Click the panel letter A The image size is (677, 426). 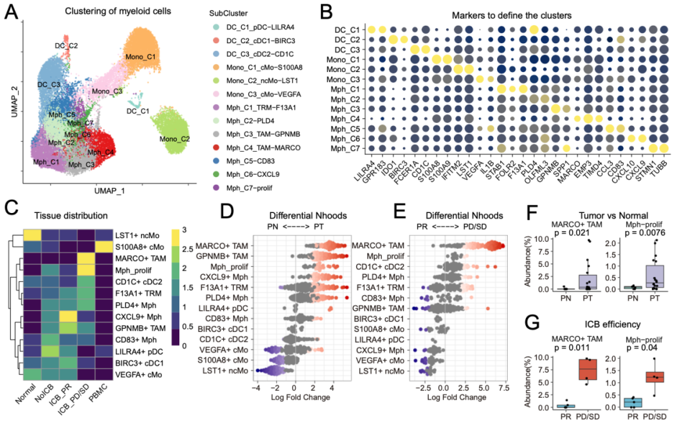(11, 12)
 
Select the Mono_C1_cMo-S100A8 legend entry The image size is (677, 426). (265, 67)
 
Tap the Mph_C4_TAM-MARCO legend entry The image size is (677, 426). (263, 148)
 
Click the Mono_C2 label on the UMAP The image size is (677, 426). (174, 139)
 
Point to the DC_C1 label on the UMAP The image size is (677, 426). (138, 111)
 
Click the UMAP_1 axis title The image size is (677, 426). (110, 190)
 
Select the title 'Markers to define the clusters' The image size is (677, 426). (512, 16)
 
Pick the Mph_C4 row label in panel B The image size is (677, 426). (345, 118)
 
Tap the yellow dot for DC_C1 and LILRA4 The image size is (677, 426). (371, 30)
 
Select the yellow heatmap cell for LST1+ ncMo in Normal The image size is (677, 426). (32, 235)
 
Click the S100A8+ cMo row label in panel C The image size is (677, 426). (139, 247)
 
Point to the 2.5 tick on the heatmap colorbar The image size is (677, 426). (187, 249)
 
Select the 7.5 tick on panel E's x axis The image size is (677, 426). (503, 388)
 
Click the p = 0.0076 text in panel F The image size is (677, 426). (646, 233)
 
